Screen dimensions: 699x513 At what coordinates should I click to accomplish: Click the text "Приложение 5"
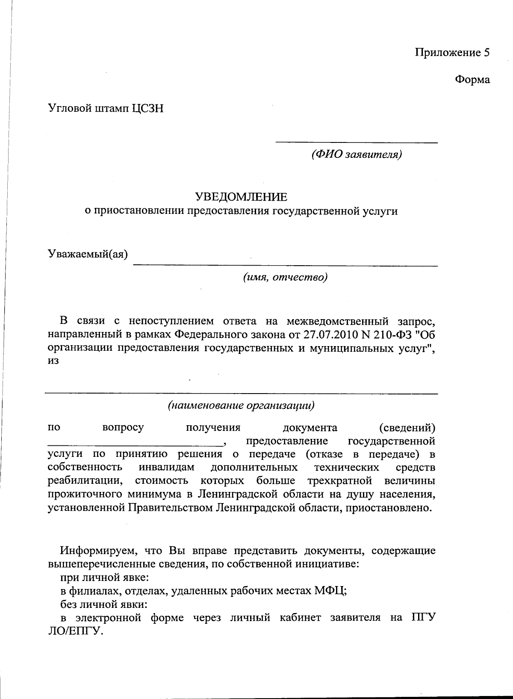[x=452, y=53]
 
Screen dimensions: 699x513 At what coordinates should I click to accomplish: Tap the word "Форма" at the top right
[x=472, y=80]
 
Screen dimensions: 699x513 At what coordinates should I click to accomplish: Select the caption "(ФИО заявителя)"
[x=357, y=154]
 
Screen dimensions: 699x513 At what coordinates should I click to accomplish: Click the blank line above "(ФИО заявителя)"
[x=357, y=142]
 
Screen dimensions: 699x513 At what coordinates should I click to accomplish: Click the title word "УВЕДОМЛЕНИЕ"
[x=242, y=197]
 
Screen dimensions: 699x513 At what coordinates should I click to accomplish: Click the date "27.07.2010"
[x=333, y=334]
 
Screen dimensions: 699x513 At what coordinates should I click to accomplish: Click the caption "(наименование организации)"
[x=242, y=405]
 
